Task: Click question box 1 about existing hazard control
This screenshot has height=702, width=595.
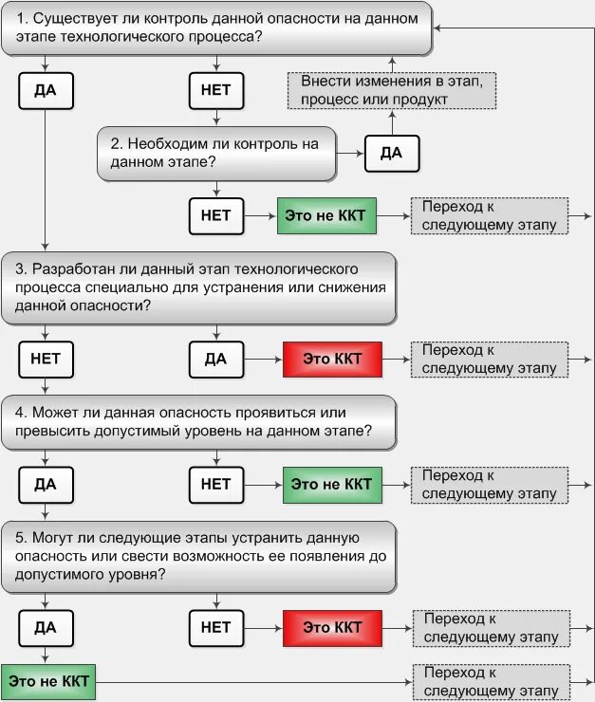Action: pos(216,27)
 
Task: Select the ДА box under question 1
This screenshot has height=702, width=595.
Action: pos(46,90)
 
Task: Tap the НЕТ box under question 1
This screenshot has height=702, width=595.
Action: pos(216,90)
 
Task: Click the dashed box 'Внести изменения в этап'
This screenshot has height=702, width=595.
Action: pos(392,90)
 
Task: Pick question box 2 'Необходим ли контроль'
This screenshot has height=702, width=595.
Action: pos(216,153)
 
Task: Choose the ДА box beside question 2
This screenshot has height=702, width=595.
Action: pos(391,153)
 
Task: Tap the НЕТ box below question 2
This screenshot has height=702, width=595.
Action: pos(216,215)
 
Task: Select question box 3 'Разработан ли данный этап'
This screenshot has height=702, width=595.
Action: pos(199,287)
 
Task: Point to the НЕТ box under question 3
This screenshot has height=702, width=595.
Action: pos(46,359)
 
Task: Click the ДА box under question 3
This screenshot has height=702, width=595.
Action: pos(216,359)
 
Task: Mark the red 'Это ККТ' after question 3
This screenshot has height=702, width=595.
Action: pos(331,359)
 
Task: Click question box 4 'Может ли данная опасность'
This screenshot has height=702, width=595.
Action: pos(199,421)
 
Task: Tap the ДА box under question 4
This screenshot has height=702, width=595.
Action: pos(46,484)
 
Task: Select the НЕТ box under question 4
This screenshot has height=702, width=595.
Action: pos(216,484)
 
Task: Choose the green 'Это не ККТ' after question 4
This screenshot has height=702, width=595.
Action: pos(331,484)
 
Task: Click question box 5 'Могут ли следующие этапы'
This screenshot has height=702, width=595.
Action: pos(199,555)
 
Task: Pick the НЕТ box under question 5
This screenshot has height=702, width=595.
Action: pos(216,627)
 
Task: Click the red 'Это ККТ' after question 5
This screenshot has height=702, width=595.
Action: pos(331,627)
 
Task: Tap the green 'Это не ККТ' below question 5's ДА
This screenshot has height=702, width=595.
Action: pos(48,681)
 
